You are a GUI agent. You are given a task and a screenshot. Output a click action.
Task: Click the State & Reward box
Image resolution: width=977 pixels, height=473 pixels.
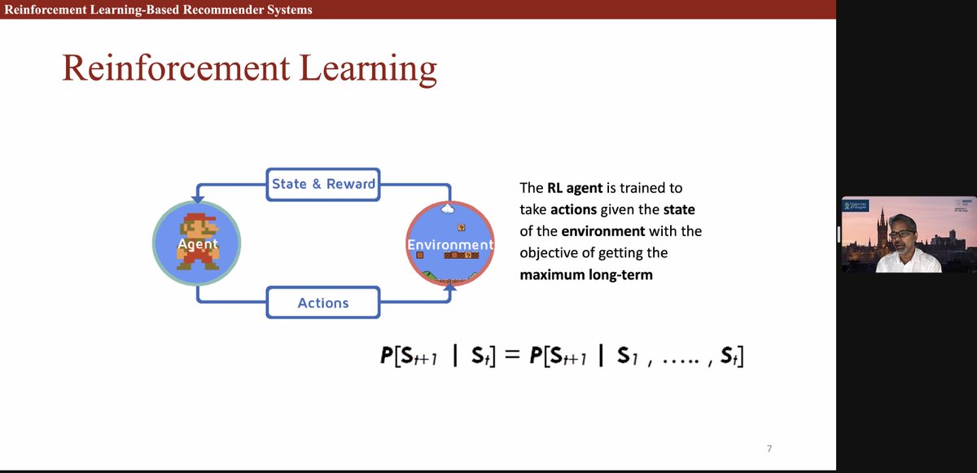pyautogui.click(x=323, y=184)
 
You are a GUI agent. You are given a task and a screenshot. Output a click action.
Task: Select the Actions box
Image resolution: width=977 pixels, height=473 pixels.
pyautogui.click(x=323, y=303)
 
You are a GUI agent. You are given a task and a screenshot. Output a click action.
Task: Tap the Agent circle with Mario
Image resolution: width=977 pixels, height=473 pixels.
pyautogui.click(x=197, y=243)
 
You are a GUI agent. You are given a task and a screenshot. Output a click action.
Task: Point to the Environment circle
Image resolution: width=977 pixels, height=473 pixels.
pyautogui.click(x=450, y=243)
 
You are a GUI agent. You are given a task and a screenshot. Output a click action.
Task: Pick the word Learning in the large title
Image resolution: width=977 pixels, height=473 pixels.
pyautogui.click(x=370, y=68)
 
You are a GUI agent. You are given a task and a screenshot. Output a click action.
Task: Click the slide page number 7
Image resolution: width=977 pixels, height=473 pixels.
pyautogui.click(x=769, y=449)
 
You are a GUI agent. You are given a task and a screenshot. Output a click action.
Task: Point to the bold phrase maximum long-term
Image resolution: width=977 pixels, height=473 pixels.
pyautogui.click(x=586, y=274)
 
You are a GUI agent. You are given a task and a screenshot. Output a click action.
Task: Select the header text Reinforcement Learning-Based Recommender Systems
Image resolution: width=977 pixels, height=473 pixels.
pyautogui.click(x=158, y=10)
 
